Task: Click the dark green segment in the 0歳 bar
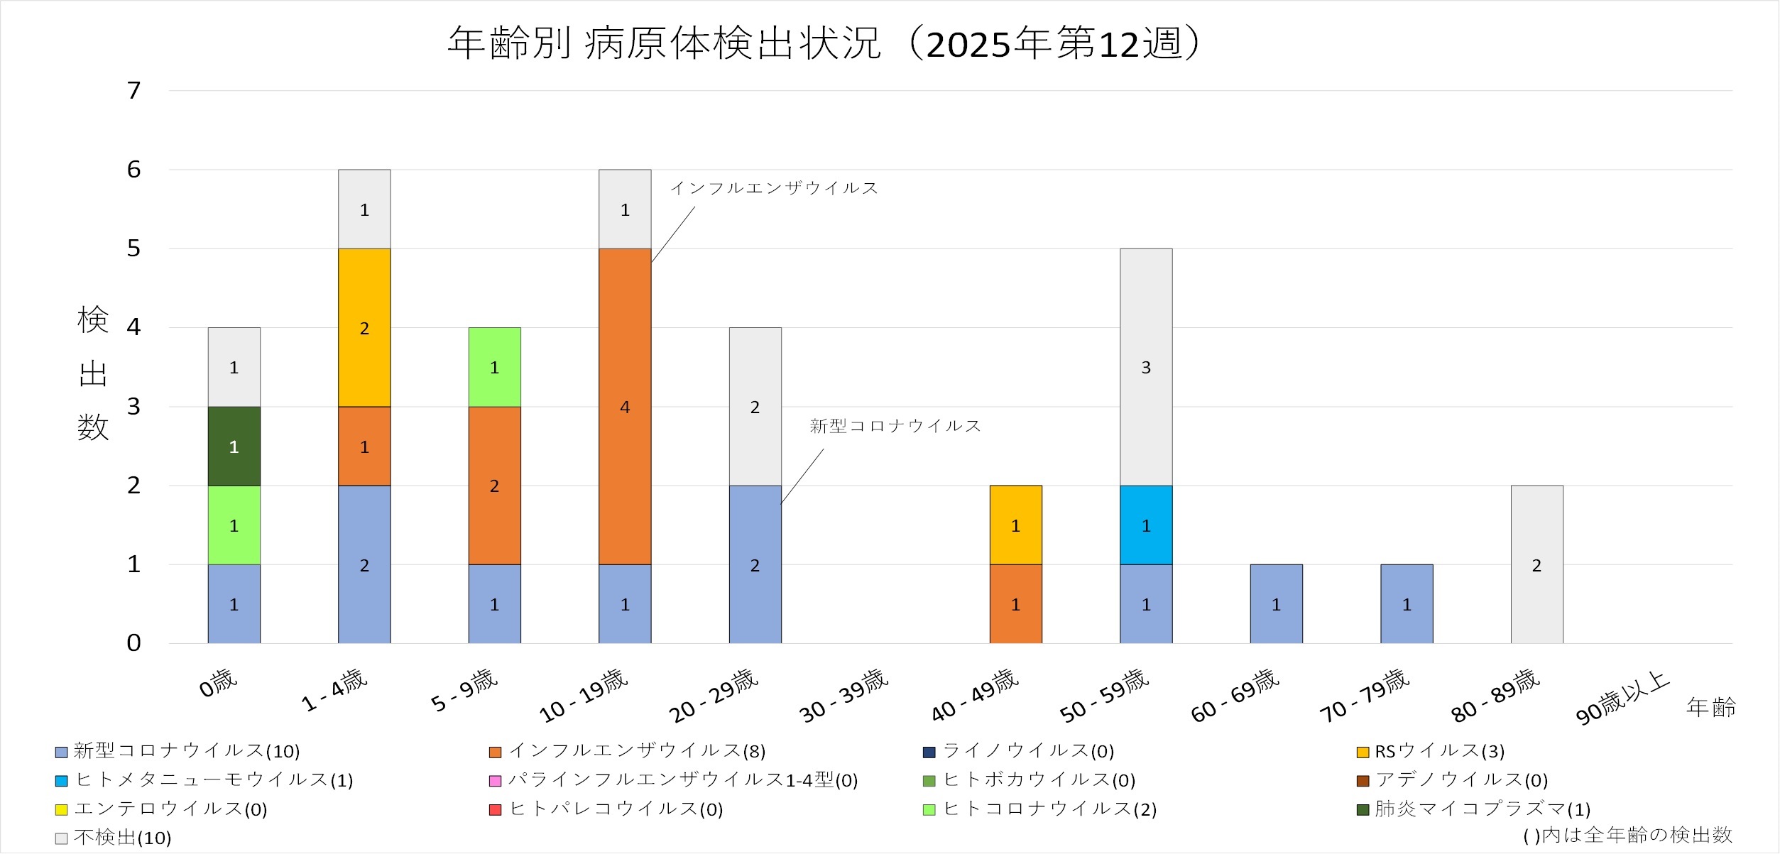pos(234,446)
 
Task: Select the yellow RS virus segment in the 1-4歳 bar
pos(364,327)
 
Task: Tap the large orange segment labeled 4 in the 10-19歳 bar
pos(625,406)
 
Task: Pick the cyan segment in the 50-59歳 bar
pos(1146,525)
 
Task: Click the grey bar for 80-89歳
pos(1536,564)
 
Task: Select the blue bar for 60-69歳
pos(1276,603)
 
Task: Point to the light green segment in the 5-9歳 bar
pos(494,367)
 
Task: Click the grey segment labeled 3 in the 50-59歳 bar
pos(1146,367)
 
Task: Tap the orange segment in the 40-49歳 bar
pos(1015,603)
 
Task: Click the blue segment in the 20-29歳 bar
pos(755,564)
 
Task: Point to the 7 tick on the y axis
pos(133,91)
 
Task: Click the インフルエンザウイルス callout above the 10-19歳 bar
pos(774,188)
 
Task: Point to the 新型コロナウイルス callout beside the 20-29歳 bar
pos(895,426)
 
